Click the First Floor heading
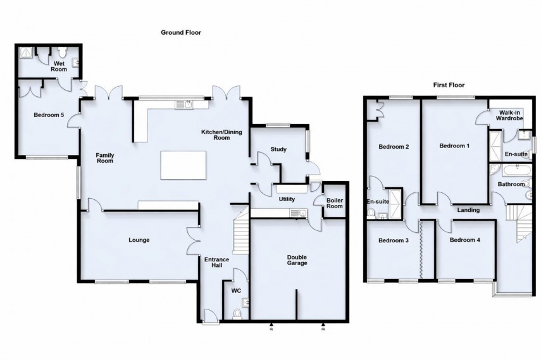click(x=450, y=84)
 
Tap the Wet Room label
click(x=60, y=66)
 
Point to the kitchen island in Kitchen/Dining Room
click(x=183, y=165)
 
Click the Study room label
click(x=278, y=150)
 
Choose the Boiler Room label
click(x=334, y=203)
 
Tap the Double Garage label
click(x=297, y=259)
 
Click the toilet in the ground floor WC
click(x=237, y=313)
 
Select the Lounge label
click(x=139, y=240)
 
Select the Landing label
click(x=469, y=210)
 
